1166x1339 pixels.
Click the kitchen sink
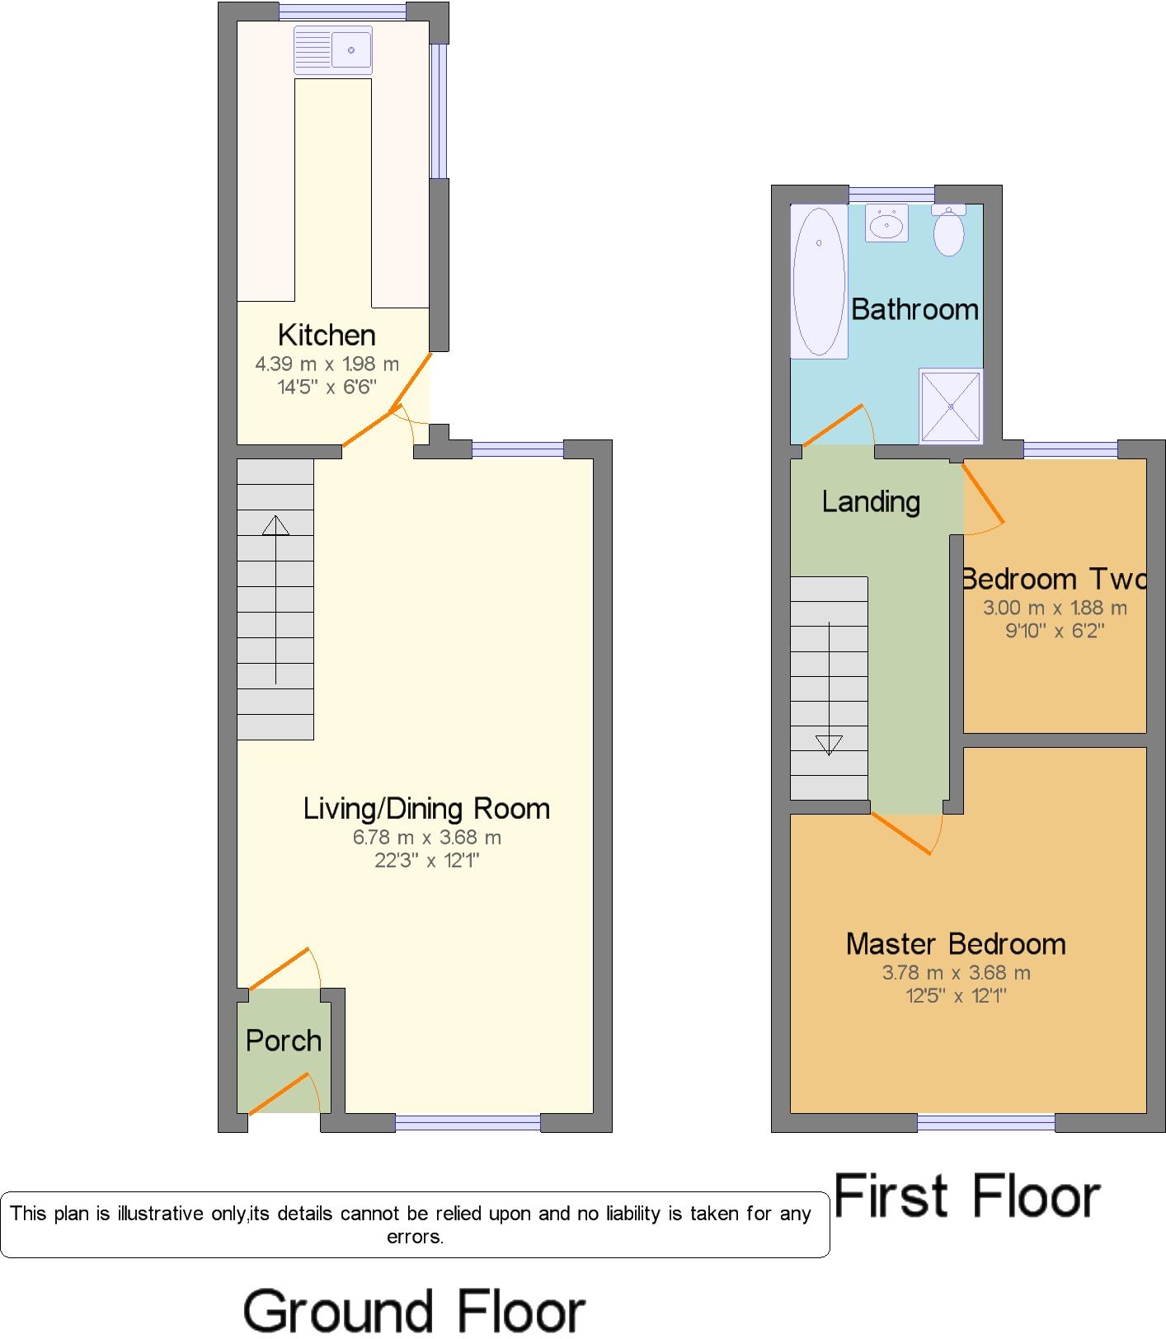point(333,50)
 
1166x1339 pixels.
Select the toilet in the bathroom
point(949,230)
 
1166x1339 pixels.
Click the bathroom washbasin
point(887,223)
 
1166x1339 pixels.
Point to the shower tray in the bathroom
point(952,406)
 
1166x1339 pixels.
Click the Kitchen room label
point(327,335)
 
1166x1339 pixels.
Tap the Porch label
point(284,1041)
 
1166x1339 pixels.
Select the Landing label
point(871,501)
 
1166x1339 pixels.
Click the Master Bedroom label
point(956,943)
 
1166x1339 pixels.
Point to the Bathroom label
point(914,309)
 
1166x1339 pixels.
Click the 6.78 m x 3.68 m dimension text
point(427,838)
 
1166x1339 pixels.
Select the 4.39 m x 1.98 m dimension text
point(327,364)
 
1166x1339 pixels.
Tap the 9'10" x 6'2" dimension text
point(1055,632)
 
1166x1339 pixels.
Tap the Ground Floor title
point(414,1311)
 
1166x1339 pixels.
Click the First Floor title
point(968,1196)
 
